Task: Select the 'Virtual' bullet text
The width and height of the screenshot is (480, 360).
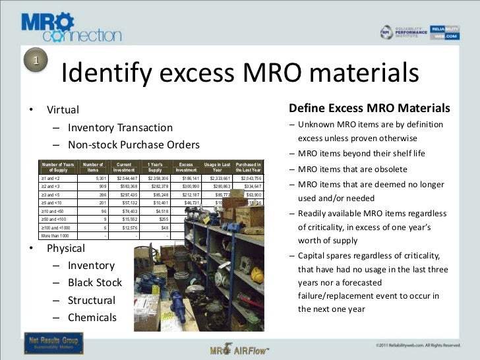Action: click(x=63, y=109)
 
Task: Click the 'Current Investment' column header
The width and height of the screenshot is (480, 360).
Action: click(x=123, y=167)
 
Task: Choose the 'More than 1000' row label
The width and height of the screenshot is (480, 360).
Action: click(x=55, y=235)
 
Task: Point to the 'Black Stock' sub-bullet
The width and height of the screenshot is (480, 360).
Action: click(x=95, y=282)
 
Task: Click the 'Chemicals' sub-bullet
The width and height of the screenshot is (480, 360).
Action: click(x=92, y=317)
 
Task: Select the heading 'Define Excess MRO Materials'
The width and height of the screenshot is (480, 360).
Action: click(x=369, y=108)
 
